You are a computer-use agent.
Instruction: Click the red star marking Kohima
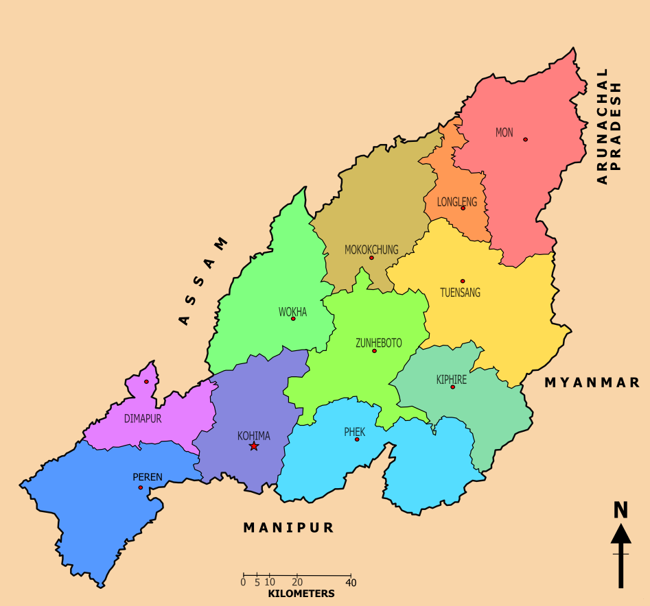(x=254, y=446)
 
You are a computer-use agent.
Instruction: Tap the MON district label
(x=504, y=132)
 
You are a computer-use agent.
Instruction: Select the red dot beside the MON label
(x=525, y=139)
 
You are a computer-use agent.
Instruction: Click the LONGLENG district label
(x=456, y=202)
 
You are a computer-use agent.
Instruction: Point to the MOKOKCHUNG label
(x=371, y=250)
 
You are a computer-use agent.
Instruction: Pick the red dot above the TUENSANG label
(x=463, y=281)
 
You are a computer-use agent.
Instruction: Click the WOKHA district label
(x=292, y=312)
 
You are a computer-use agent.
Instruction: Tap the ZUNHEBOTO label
(x=378, y=343)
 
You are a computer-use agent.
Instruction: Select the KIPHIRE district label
(x=451, y=379)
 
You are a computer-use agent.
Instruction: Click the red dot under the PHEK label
(x=357, y=439)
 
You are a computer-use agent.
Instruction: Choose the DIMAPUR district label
(x=143, y=418)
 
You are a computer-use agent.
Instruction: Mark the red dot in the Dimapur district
(x=146, y=382)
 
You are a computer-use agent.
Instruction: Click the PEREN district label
(x=147, y=477)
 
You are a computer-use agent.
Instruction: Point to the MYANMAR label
(x=592, y=383)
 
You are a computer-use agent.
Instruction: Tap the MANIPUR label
(x=288, y=527)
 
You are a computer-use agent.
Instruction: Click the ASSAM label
(x=203, y=281)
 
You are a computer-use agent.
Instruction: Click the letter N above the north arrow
(x=620, y=510)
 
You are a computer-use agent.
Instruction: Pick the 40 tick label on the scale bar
(x=351, y=582)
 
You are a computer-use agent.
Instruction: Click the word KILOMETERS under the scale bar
(x=301, y=594)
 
